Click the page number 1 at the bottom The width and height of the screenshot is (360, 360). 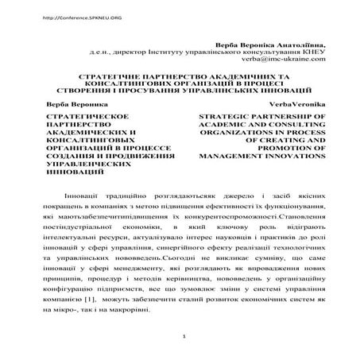coord(183,347)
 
